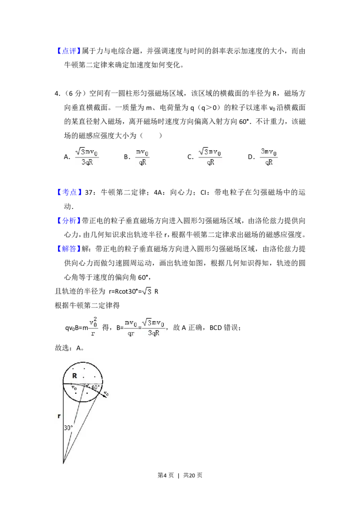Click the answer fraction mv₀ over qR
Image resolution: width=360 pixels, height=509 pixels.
pyautogui.click(x=142, y=156)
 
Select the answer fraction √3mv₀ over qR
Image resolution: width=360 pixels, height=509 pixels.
pyautogui.click(x=211, y=156)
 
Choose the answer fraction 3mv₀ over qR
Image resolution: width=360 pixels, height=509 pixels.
pyautogui.click(x=270, y=156)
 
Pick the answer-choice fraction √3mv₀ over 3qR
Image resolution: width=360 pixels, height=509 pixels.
pyautogui.click(x=86, y=156)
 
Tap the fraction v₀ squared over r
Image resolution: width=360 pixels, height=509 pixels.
pyautogui.click(x=93, y=326)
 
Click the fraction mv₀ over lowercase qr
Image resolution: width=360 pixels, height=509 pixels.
pyautogui.click(x=131, y=327)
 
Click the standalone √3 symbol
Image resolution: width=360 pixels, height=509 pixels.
pyautogui.click(x=148, y=292)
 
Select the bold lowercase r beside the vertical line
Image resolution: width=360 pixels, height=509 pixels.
pyautogui.click(x=59, y=416)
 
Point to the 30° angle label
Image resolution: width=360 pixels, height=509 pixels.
pyautogui.click(x=68, y=428)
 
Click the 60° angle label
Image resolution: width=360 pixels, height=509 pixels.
pyautogui.click(x=95, y=387)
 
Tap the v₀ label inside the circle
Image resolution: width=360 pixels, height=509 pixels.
pyautogui.click(x=74, y=387)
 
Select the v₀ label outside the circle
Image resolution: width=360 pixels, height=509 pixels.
pyautogui.click(x=106, y=394)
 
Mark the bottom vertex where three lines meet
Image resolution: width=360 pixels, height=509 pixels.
pyautogui.click(x=63, y=462)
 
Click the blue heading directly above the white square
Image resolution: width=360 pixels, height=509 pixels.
pyautogui.click(x=70, y=192)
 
